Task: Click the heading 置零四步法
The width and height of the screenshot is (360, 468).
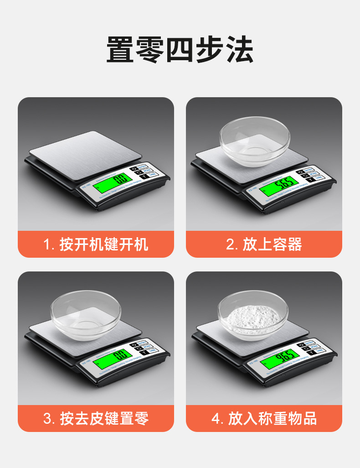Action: click(x=180, y=50)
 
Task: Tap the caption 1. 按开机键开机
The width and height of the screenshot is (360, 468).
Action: click(x=96, y=244)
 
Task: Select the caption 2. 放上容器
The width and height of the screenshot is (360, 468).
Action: click(x=264, y=244)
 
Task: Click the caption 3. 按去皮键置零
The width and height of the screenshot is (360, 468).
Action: click(x=96, y=418)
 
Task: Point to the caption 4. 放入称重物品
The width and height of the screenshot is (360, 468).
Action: click(x=264, y=418)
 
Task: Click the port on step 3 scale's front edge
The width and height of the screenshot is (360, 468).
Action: click(x=116, y=374)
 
